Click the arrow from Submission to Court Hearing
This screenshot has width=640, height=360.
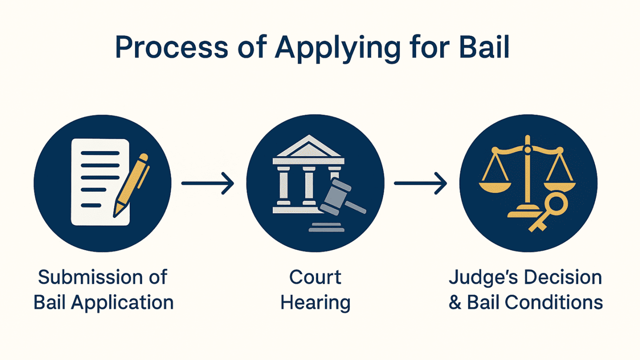coord(207,183)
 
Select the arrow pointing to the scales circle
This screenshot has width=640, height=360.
coord(420,183)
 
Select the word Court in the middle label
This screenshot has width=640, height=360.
coord(315,277)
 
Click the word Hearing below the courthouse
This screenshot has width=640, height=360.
coord(315,303)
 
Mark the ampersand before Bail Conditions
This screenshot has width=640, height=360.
coord(455,302)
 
